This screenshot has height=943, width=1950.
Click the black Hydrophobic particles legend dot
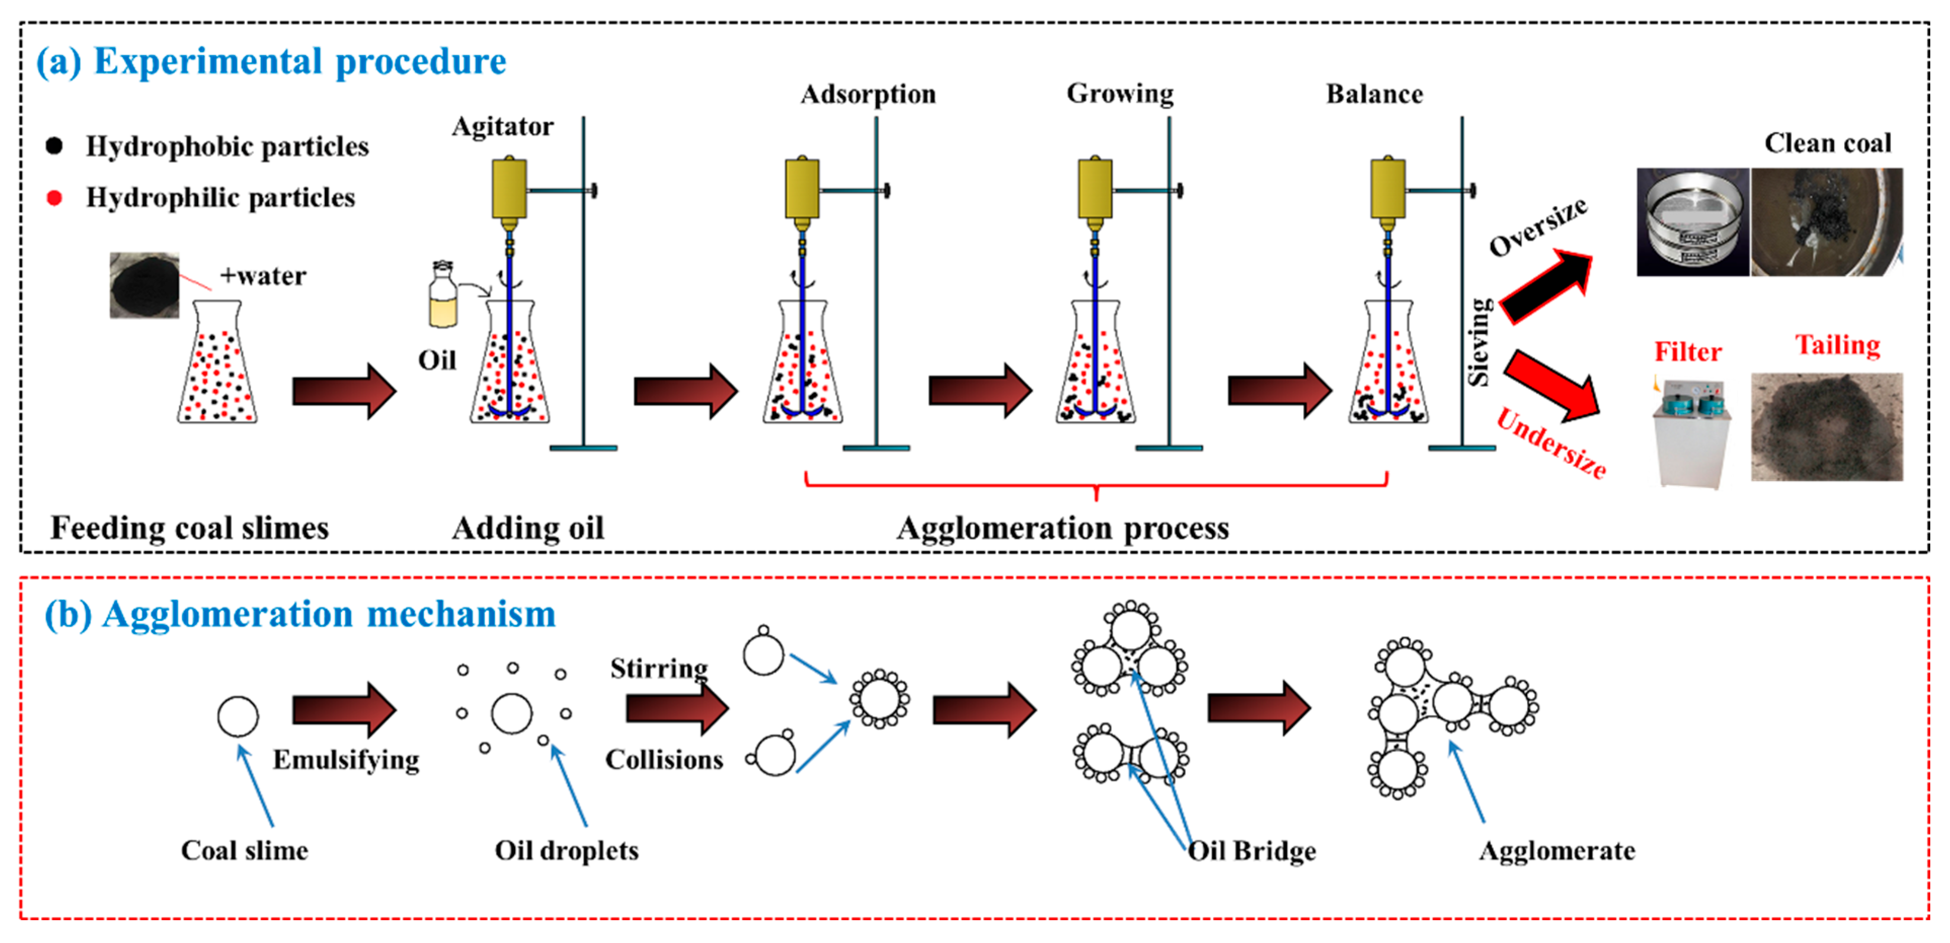tap(54, 145)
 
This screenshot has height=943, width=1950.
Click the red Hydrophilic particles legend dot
tap(54, 198)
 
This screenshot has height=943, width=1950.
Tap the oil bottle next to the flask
tap(443, 297)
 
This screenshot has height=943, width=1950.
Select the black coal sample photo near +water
tap(145, 285)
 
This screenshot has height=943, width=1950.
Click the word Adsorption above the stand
tap(868, 94)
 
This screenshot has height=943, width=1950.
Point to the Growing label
tap(1120, 93)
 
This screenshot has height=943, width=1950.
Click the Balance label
tap(1374, 94)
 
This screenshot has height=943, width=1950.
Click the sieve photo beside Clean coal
tap(1693, 222)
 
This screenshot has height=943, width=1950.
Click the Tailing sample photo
tap(1826, 427)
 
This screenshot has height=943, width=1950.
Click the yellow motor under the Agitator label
tap(509, 189)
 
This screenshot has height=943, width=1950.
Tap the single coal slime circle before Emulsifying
tap(237, 716)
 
